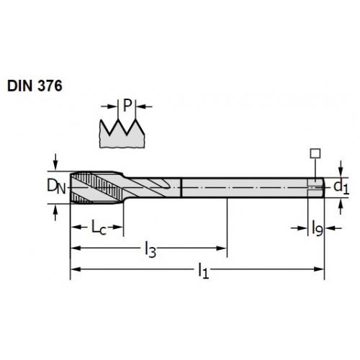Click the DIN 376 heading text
click(x=35, y=86)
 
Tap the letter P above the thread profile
click(x=127, y=105)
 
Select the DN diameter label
click(x=56, y=186)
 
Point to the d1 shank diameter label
click(x=341, y=186)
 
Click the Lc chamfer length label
click(x=99, y=228)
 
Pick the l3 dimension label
click(x=150, y=250)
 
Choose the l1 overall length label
click(x=203, y=271)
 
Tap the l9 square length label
click(x=318, y=228)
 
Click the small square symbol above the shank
click(x=315, y=153)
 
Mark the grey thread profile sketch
click(x=122, y=135)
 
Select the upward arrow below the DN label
click(x=55, y=213)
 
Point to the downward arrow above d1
click(x=341, y=168)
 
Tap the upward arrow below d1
click(x=341, y=207)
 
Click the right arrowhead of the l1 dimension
click(x=319, y=269)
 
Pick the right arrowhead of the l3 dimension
click(x=222, y=248)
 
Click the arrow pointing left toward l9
click(x=333, y=228)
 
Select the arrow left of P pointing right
click(x=109, y=106)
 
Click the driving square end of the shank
click(x=316, y=188)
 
